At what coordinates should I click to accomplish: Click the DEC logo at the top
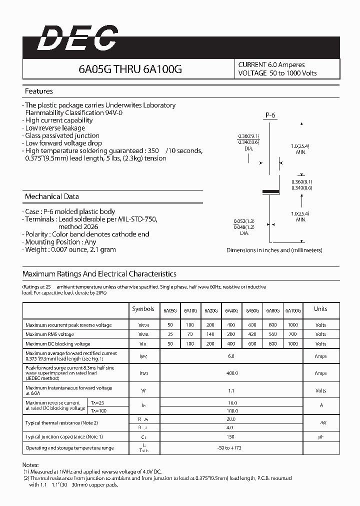click(x=77, y=39)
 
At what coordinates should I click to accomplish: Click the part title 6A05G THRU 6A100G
click(x=130, y=69)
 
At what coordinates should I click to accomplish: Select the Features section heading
click(x=38, y=91)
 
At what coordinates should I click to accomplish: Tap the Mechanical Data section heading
click(x=51, y=196)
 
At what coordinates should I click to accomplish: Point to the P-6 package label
click(x=270, y=115)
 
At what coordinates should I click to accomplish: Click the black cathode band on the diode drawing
click(x=270, y=191)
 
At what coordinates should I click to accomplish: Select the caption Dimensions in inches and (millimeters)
click(x=274, y=250)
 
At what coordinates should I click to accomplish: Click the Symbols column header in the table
click(x=143, y=309)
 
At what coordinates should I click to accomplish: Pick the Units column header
click(x=320, y=309)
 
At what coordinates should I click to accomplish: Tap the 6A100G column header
click(x=293, y=310)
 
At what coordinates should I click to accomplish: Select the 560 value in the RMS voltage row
click(x=272, y=334)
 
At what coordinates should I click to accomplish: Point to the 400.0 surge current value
click(x=231, y=373)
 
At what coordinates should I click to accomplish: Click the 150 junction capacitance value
click(x=231, y=436)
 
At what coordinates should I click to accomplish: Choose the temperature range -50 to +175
click(x=231, y=448)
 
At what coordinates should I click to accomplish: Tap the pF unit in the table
click(x=320, y=436)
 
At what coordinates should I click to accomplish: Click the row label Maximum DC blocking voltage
click(x=58, y=344)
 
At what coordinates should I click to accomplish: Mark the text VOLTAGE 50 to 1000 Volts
click(x=277, y=73)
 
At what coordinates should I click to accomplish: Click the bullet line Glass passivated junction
click(x=62, y=135)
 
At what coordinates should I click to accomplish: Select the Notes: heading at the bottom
click(x=31, y=464)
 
